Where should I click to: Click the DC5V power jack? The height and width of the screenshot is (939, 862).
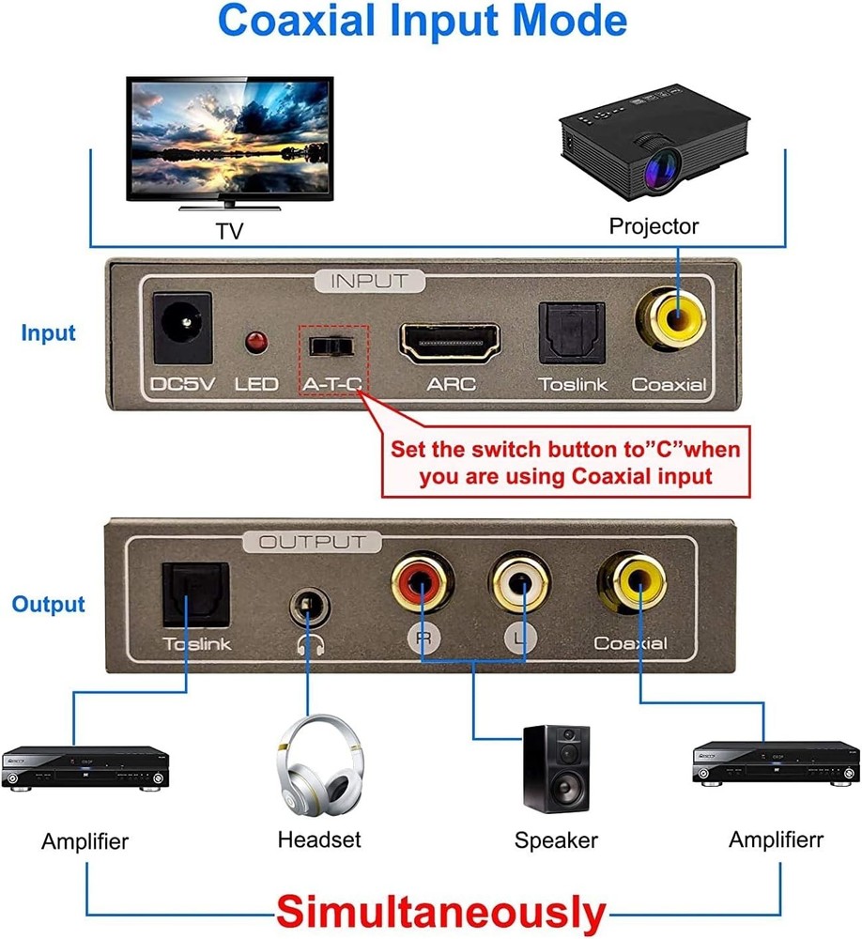click(x=180, y=330)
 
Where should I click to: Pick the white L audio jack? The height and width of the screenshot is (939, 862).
click(x=521, y=587)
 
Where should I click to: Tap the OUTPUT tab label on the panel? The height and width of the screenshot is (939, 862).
click(x=312, y=542)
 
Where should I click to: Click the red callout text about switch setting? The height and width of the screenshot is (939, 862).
click(x=565, y=462)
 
